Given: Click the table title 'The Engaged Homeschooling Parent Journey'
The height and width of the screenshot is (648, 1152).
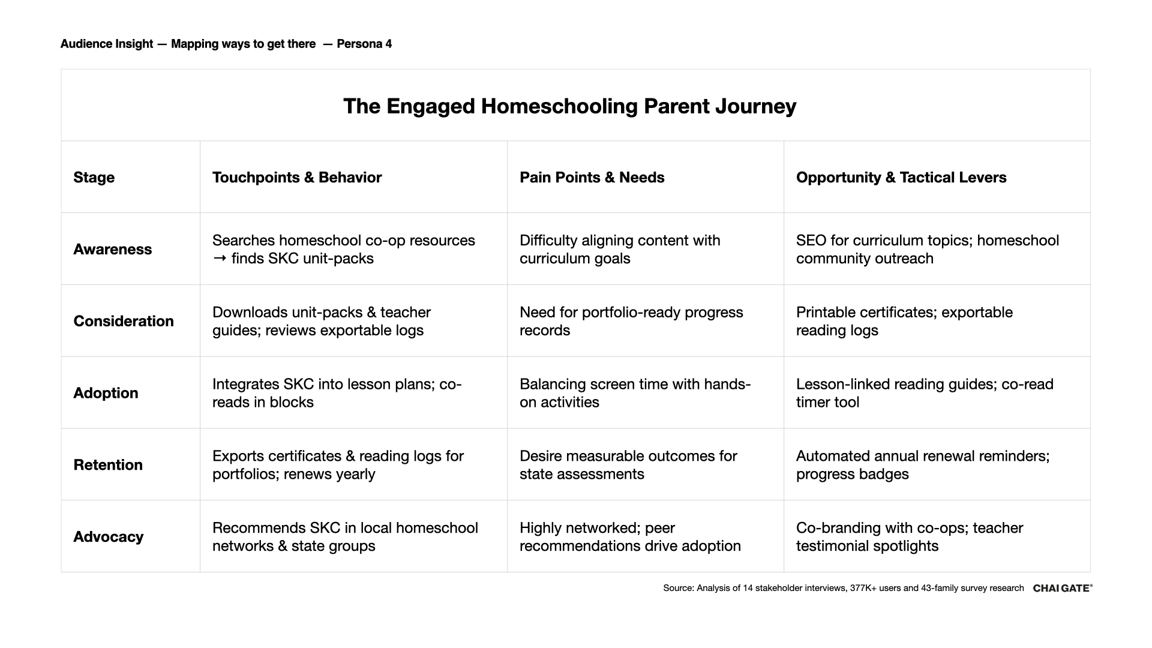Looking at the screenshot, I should tap(569, 106).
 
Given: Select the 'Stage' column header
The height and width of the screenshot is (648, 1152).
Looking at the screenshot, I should tap(94, 178).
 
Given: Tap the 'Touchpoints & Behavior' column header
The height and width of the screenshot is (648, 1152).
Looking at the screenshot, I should tap(297, 178).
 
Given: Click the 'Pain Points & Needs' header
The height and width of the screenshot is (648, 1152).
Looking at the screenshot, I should tap(592, 178).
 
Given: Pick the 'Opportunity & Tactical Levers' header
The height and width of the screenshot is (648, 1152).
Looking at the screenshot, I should tap(901, 178).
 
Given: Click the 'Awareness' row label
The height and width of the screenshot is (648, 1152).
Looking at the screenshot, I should tap(112, 250).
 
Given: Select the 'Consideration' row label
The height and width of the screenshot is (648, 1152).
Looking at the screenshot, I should tap(124, 321).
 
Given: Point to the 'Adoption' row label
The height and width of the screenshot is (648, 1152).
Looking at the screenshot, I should tap(106, 393).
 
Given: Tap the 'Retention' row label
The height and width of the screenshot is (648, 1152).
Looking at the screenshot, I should tap(108, 465).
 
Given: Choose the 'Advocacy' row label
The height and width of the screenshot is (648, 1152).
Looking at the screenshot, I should tap(108, 537).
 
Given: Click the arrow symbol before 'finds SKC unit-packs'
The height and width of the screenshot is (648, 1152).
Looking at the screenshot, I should tap(220, 259).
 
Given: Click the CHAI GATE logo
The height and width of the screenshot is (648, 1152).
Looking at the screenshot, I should tap(1062, 588).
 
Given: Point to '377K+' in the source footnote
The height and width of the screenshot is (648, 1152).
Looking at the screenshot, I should tap(863, 588).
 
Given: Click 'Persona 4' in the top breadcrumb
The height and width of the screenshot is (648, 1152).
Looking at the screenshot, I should tap(364, 44).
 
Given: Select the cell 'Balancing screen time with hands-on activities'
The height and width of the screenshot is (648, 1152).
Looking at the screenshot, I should tap(635, 393).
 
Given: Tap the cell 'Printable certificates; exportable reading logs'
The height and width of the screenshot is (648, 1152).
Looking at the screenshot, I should tap(904, 321).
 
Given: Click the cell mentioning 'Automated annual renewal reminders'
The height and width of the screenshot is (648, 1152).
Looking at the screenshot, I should tap(922, 465).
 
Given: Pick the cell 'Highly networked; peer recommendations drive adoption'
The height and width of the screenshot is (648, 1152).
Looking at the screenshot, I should tap(630, 537).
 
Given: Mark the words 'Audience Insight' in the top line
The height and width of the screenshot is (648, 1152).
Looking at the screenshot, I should tap(107, 44).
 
